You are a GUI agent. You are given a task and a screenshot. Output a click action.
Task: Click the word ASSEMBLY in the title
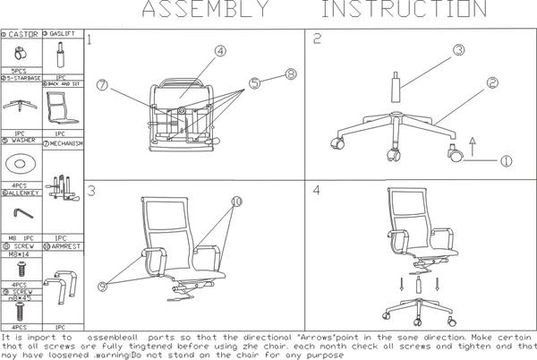click(204, 11)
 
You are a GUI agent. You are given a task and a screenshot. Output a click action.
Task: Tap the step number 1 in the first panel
click(90, 41)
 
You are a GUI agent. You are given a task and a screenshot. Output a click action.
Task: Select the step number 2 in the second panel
click(317, 39)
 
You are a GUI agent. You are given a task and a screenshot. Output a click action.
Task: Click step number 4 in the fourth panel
click(317, 191)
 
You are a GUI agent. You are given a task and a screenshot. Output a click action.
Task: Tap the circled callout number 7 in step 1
click(103, 85)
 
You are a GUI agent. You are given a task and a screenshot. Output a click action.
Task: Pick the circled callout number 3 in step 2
click(458, 50)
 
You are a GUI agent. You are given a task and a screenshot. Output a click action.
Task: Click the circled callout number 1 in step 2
click(506, 161)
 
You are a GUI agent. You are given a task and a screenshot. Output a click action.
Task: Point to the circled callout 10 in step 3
click(236, 202)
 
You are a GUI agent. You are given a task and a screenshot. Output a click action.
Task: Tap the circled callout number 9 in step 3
click(103, 286)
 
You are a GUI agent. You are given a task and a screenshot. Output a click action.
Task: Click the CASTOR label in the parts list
click(24, 34)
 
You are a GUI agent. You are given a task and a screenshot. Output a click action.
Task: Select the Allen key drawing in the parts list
click(22, 212)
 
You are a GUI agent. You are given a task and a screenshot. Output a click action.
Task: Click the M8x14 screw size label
click(19, 253)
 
